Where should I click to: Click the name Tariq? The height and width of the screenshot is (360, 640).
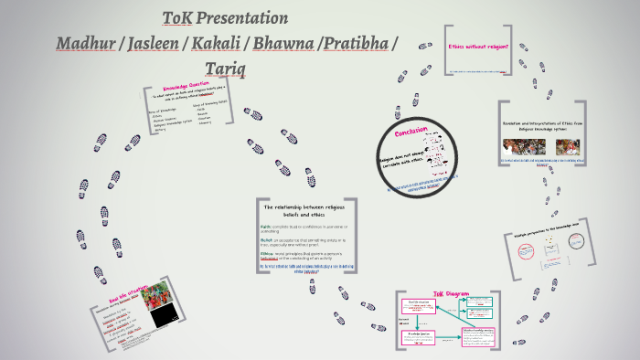tap(225, 69)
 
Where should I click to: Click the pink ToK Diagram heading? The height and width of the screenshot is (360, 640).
tap(451, 295)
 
